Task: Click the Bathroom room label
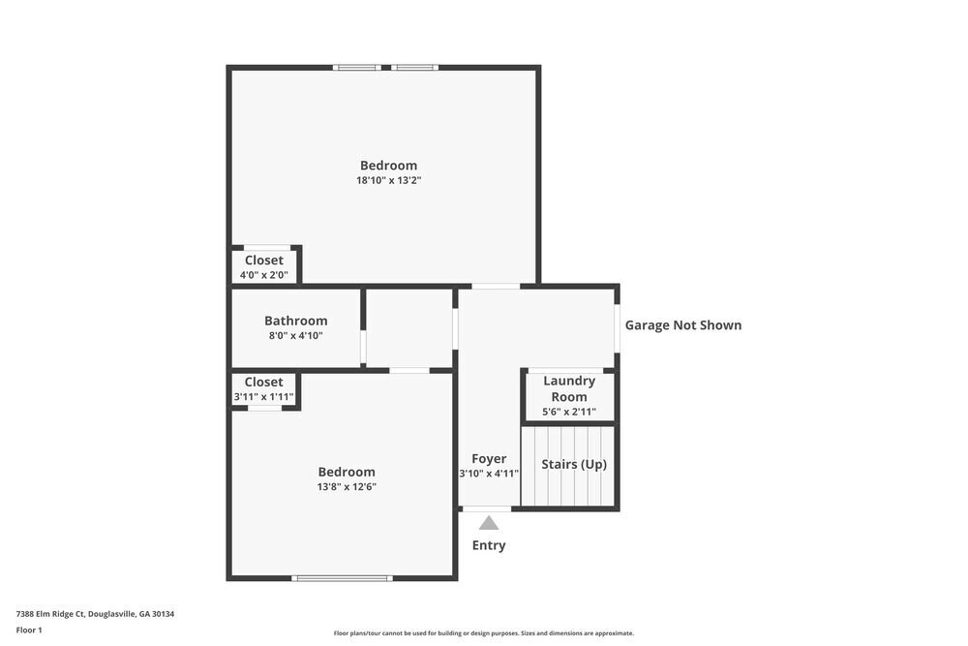tap(295, 321)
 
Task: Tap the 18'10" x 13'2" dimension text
tap(388, 180)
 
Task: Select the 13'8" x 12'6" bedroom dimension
tap(346, 487)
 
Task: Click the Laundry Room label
tap(568, 389)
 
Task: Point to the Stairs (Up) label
tap(574, 465)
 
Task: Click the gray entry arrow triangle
tap(489, 523)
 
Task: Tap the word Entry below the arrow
tap(489, 545)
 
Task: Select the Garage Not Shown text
tap(682, 325)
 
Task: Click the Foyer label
tap(489, 459)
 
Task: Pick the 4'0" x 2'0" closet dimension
tap(263, 275)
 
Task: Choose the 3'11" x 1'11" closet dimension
tap(263, 397)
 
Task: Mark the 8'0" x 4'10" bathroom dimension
tap(295, 336)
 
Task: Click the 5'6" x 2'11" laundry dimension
tap(568, 412)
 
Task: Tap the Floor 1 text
tap(29, 630)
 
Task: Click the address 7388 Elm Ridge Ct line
tap(95, 614)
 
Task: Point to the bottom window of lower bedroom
tap(342, 578)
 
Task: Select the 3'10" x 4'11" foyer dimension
tap(489, 474)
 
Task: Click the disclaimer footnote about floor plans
tap(483, 633)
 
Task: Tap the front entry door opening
tap(487, 508)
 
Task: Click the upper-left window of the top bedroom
tap(356, 67)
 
